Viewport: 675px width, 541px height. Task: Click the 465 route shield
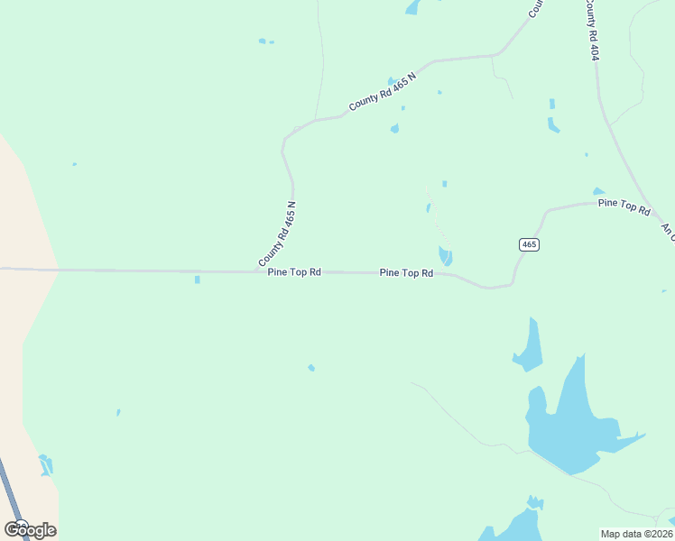529,244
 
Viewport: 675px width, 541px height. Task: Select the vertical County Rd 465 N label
278,234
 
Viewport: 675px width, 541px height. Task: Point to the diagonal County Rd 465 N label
384,92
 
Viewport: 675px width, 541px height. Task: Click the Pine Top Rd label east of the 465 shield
624,205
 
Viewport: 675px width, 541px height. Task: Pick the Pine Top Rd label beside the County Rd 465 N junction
294,271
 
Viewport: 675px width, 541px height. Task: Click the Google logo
30,529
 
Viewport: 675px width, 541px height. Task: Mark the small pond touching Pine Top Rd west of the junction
197,280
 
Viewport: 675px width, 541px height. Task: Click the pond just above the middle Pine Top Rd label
445,255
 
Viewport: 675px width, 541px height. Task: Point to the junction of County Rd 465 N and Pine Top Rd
257,270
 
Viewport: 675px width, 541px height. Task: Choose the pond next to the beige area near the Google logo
45,464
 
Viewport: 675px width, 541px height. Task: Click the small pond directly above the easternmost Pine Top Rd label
598,191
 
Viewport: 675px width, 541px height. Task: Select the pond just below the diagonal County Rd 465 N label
394,128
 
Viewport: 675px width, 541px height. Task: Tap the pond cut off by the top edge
413,7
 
